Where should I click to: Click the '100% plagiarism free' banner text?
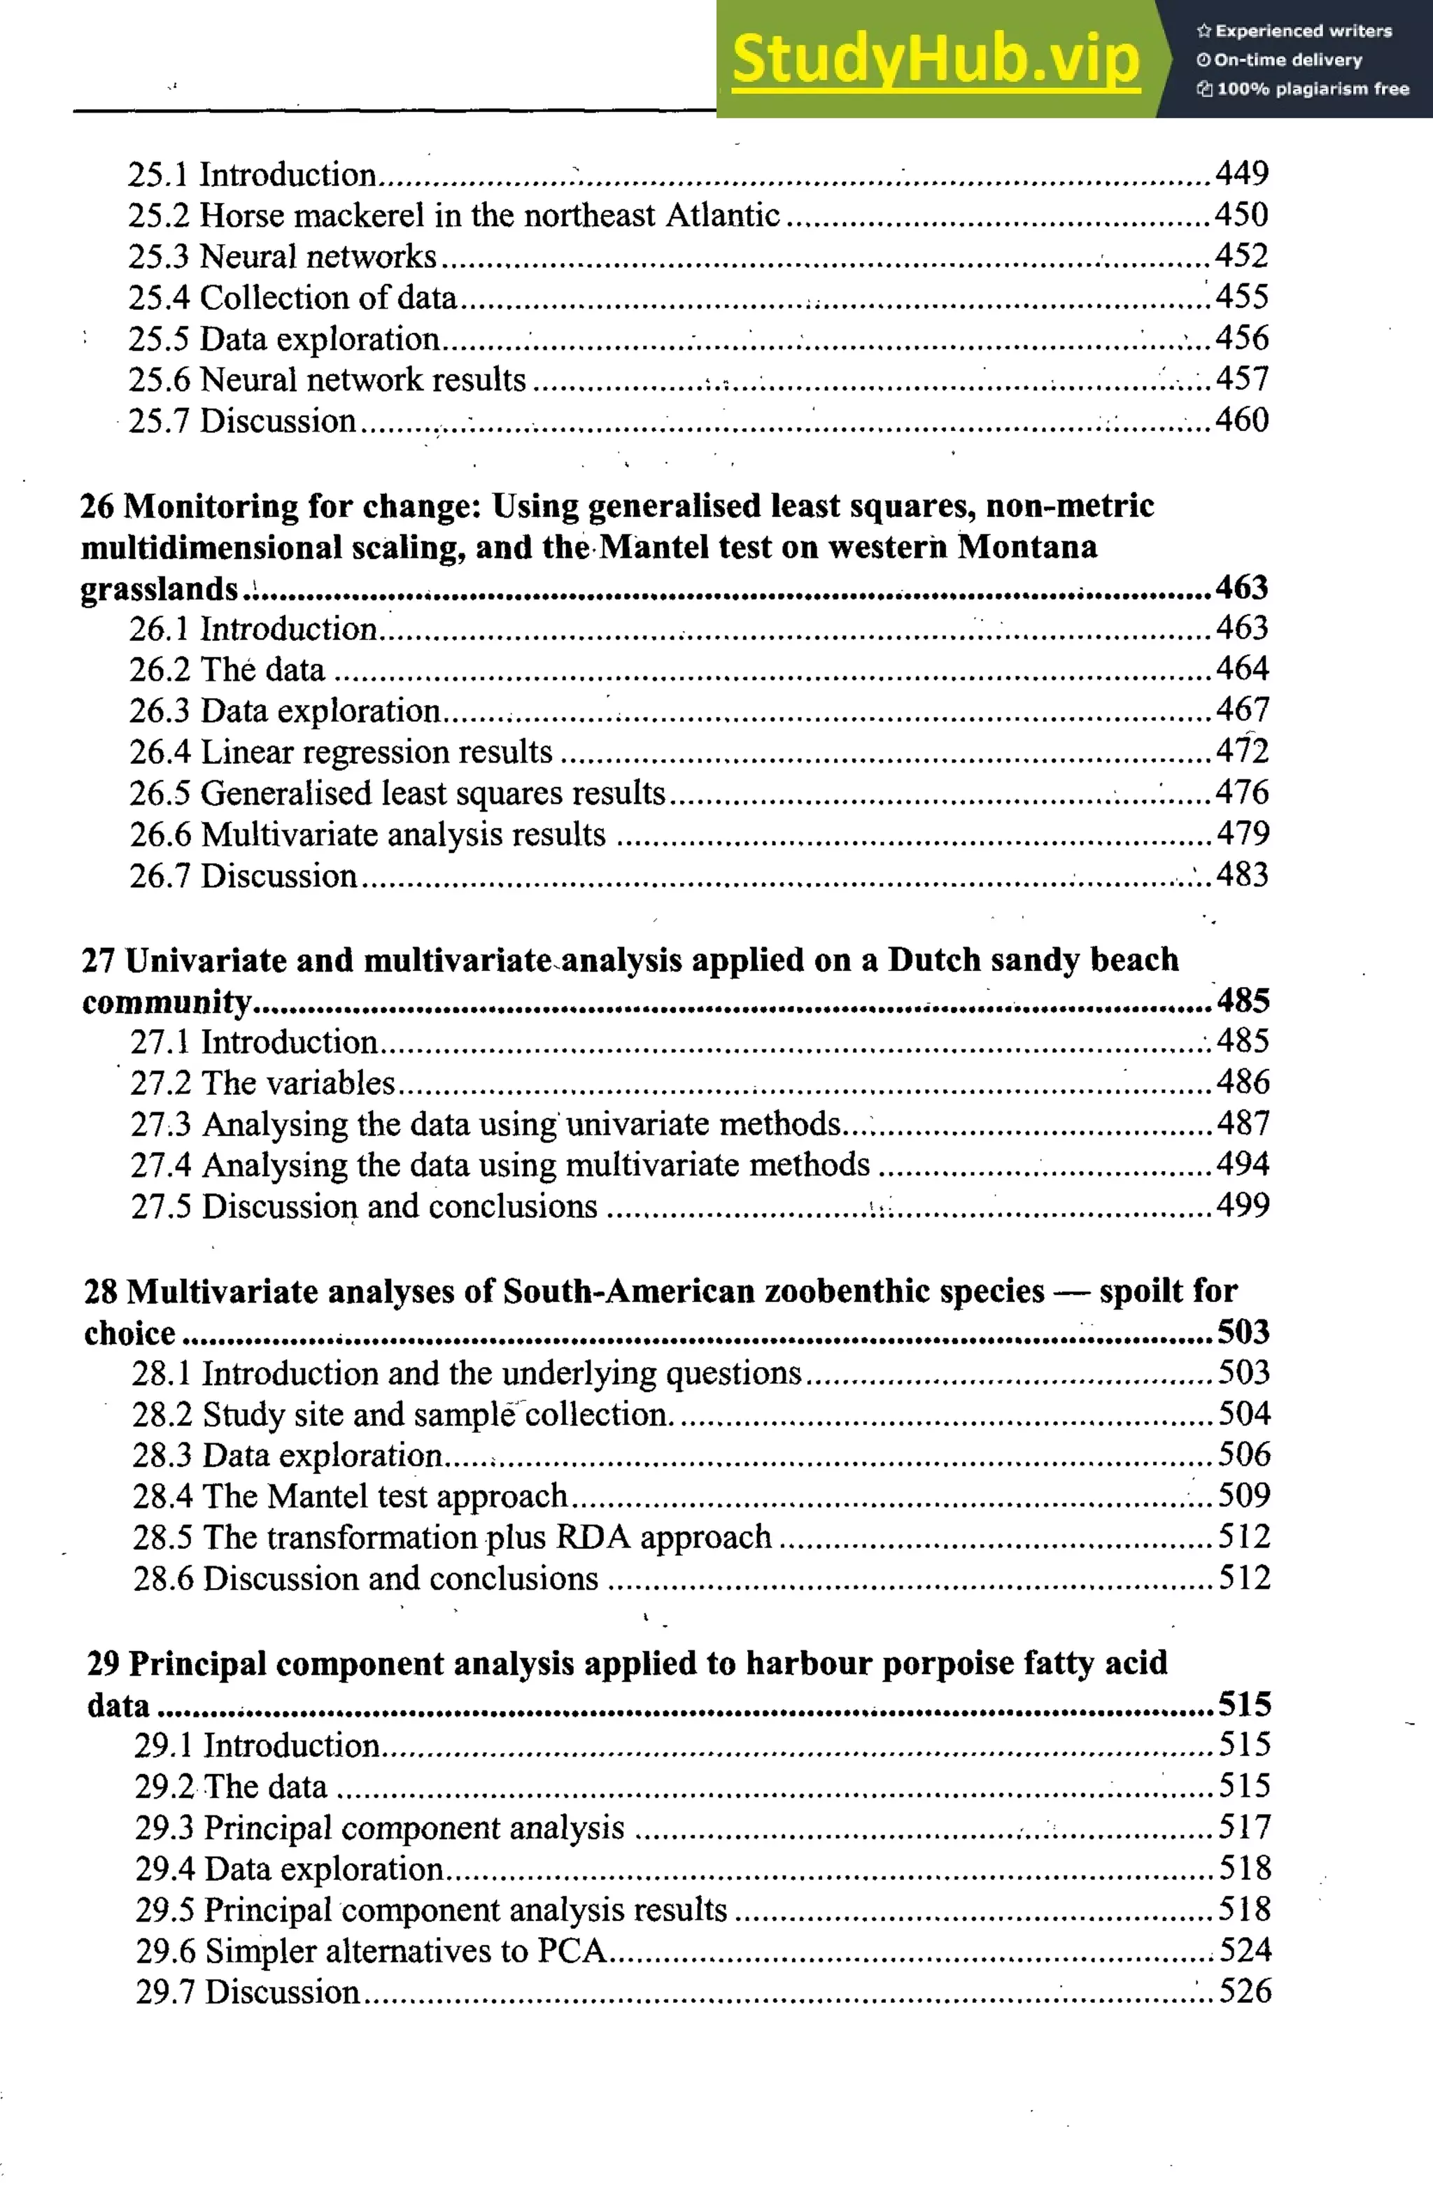(x=1312, y=89)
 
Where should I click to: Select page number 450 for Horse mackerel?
(x=1241, y=215)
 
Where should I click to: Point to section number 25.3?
(x=158, y=257)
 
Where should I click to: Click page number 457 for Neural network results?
(x=1241, y=378)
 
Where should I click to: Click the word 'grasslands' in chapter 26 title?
(x=160, y=588)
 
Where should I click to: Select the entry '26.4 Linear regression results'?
(x=341, y=751)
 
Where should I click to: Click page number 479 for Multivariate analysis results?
(x=1241, y=833)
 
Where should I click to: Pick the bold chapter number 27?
(x=98, y=960)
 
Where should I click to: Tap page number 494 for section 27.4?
(x=1242, y=1163)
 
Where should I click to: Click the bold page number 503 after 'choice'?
(x=1242, y=1331)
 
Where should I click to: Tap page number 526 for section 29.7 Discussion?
(x=1244, y=1991)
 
